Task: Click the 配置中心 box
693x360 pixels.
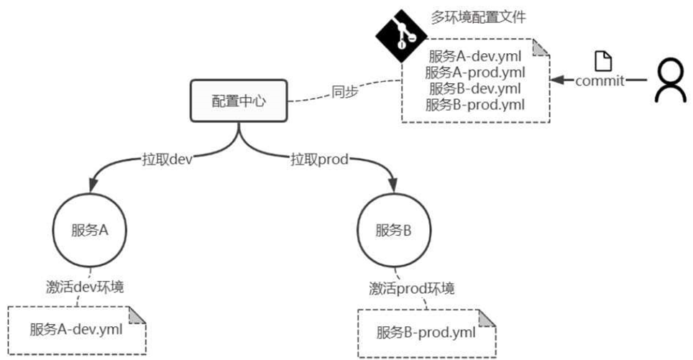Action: (238, 101)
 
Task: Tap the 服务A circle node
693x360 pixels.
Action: (89, 230)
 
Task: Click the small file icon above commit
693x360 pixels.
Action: (604, 62)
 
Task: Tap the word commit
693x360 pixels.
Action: (600, 80)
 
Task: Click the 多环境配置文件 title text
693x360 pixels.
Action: (479, 17)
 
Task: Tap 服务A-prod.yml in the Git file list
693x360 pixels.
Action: (475, 72)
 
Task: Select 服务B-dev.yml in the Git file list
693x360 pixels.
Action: (475, 88)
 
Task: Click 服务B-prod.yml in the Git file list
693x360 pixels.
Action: (475, 105)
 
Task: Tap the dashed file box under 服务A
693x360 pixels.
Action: (76, 330)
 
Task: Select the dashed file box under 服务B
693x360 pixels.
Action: (426, 332)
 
